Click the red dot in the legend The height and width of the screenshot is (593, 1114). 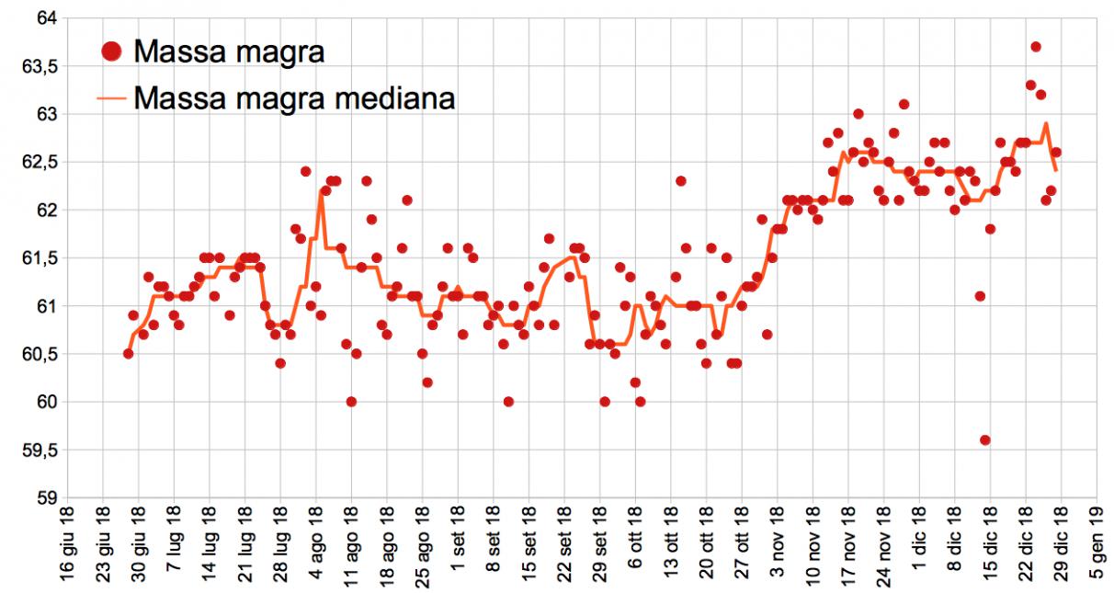pyautogui.click(x=112, y=51)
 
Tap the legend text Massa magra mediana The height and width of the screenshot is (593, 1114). pyautogui.click(x=294, y=97)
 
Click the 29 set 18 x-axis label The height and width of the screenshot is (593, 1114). pyautogui.click(x=599, y=549)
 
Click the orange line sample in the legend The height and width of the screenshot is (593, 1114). pyautogui.click(x=112, y=97)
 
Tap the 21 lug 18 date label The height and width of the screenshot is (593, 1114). pyautogui.click(x=245, y=549)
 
